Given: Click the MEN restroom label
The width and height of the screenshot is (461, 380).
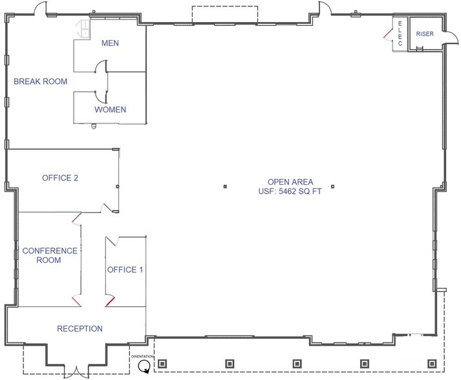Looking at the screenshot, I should click(x=110, y=44).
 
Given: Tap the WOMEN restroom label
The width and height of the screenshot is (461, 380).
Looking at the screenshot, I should click(x=110, y=109).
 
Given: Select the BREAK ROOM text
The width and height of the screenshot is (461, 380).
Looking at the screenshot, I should click(x=41, y=81).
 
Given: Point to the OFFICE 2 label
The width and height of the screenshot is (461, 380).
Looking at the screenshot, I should click(x=60, y=178).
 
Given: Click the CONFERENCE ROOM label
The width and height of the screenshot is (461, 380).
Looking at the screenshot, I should click(x=50, y=255).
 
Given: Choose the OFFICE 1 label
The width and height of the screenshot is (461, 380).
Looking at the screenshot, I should click(x=125, y=269).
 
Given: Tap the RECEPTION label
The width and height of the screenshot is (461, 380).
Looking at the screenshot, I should click(x=80, y=329).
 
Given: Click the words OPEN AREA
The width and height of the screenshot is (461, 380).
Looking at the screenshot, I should click(x=285, y=182).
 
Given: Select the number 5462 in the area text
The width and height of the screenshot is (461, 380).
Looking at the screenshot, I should click(x=284, y=192).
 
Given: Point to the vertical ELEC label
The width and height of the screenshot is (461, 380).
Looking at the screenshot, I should click(x=400, y=34).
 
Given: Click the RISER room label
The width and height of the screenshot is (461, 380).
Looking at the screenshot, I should click(x=424, y=33).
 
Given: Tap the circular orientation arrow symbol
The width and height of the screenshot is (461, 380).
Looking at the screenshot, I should click(x=144, y=366).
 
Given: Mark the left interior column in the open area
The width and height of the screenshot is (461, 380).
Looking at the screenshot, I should click(x=225, y=187).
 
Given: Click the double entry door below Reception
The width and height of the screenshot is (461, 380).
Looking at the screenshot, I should click(x=76, y=372).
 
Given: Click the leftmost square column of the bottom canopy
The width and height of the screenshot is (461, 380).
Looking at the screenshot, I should click(x=162, y=363).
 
